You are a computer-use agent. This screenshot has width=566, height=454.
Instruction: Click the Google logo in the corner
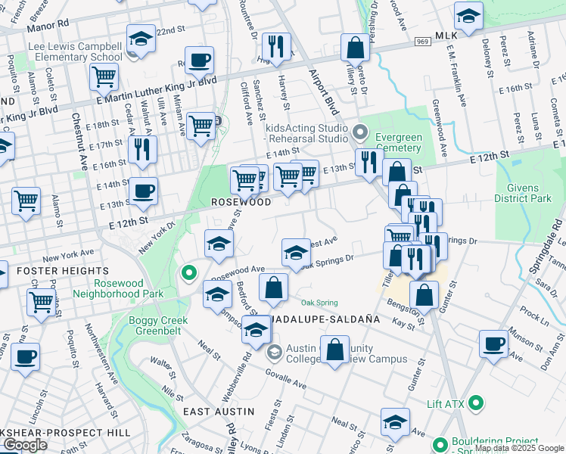tap(25, 445)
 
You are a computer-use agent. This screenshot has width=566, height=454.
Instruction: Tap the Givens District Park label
tap(523, 191)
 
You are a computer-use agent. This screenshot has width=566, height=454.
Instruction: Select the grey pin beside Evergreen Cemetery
tap(361, 134)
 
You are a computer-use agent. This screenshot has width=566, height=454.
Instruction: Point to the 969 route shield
tap(423, 42)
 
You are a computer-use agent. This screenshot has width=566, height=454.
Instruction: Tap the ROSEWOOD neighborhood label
tap(241, 203)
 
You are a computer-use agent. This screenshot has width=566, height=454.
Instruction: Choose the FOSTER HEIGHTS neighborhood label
tap(37, 269)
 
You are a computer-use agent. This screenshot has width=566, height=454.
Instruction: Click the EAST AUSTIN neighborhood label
tap(219, 411)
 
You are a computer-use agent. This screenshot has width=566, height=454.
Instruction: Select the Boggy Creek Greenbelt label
tap(157, 326)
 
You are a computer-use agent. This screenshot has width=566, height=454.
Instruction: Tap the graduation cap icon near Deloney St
tap(468, 15)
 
